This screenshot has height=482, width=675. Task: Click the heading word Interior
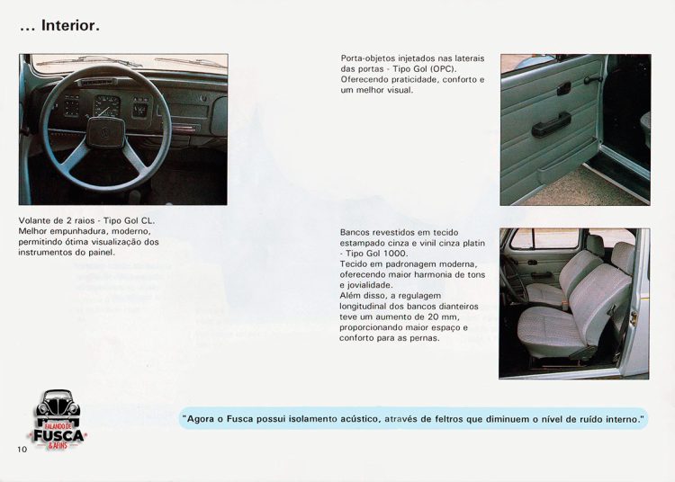[69, 26]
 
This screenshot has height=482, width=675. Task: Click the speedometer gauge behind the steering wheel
[106, 106]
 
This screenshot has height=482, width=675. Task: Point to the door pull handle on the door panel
[551, 125]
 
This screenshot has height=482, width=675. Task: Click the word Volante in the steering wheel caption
[36, 220]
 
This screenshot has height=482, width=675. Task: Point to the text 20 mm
[440, 317]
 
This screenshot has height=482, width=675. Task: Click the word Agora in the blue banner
[202, 418]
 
